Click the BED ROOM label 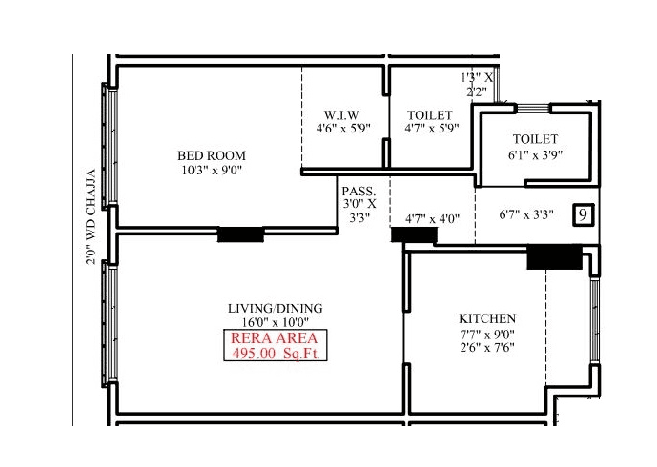(x=211, y=155)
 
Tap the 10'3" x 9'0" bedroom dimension (x=211, y=172)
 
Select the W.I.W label (x=340, y=114)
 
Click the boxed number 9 (x=581, y=214)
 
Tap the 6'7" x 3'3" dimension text (x=527, y=215)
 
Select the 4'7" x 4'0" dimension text (x=433, y=218)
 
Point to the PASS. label (x=359, y=190)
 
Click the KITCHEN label (x=487, y=318)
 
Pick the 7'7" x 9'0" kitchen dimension (x=487, y=334)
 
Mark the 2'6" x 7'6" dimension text (x=487, y=348)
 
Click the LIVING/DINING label (x=275, y=308)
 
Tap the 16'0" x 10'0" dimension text (x=275, y=322)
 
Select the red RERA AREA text (x=275, y=338)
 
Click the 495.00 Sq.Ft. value (x=275, y=354)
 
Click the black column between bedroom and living (x=240, y=234)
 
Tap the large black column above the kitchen (x=554, y=255)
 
